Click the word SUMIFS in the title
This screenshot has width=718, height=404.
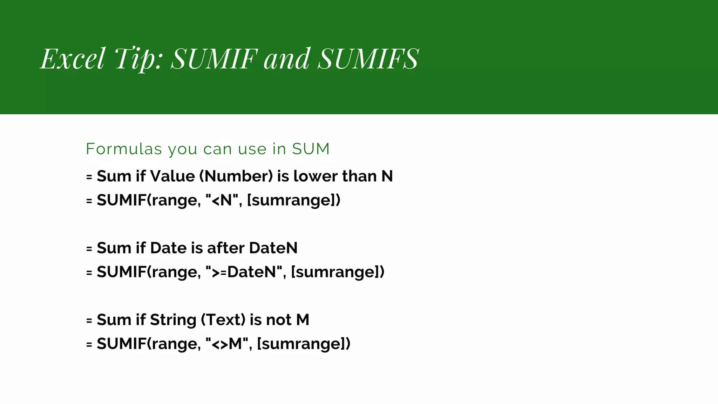click(x=368, y=59)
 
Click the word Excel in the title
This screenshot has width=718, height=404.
click(x=73, y=59)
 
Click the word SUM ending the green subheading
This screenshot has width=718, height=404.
click(x=311, y=149)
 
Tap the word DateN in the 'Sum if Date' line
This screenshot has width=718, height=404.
click(x=273, y=248)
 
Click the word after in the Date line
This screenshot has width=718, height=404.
click(x=226, y=248)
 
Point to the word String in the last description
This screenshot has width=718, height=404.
click(x=173, y=320)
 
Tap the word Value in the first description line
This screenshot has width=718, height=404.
click(x=172, y=176)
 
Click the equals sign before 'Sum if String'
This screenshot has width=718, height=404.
click(x=89, y=321)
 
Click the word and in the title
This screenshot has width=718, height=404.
click(x=287, y=59)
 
